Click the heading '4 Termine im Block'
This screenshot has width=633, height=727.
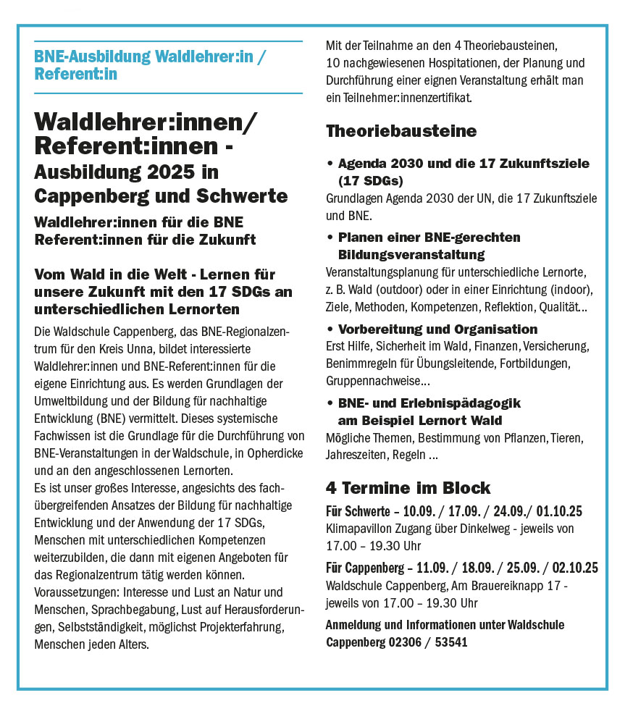(408, 487)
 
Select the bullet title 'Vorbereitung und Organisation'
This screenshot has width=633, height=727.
(437, 329)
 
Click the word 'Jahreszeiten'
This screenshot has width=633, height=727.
(356, 455)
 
